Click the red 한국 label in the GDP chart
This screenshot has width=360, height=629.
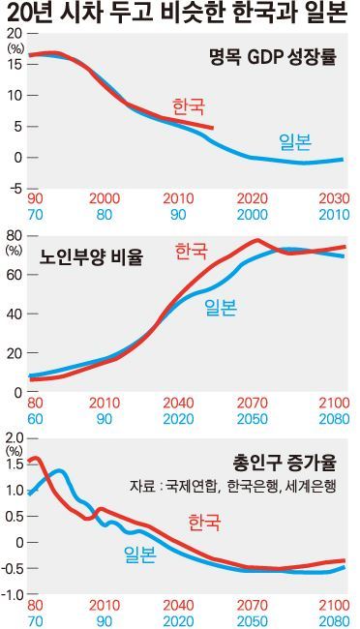coord(189,105)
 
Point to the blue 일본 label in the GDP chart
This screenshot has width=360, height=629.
coord(294,142)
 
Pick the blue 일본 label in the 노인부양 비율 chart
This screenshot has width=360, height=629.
coord(220,308)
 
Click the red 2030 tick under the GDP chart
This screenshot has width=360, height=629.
coord(333,197)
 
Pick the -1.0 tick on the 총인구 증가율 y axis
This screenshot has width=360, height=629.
coord(14,593)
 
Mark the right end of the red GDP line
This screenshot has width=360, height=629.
coord(213,128)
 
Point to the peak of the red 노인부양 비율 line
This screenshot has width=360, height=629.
coord(257,240)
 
